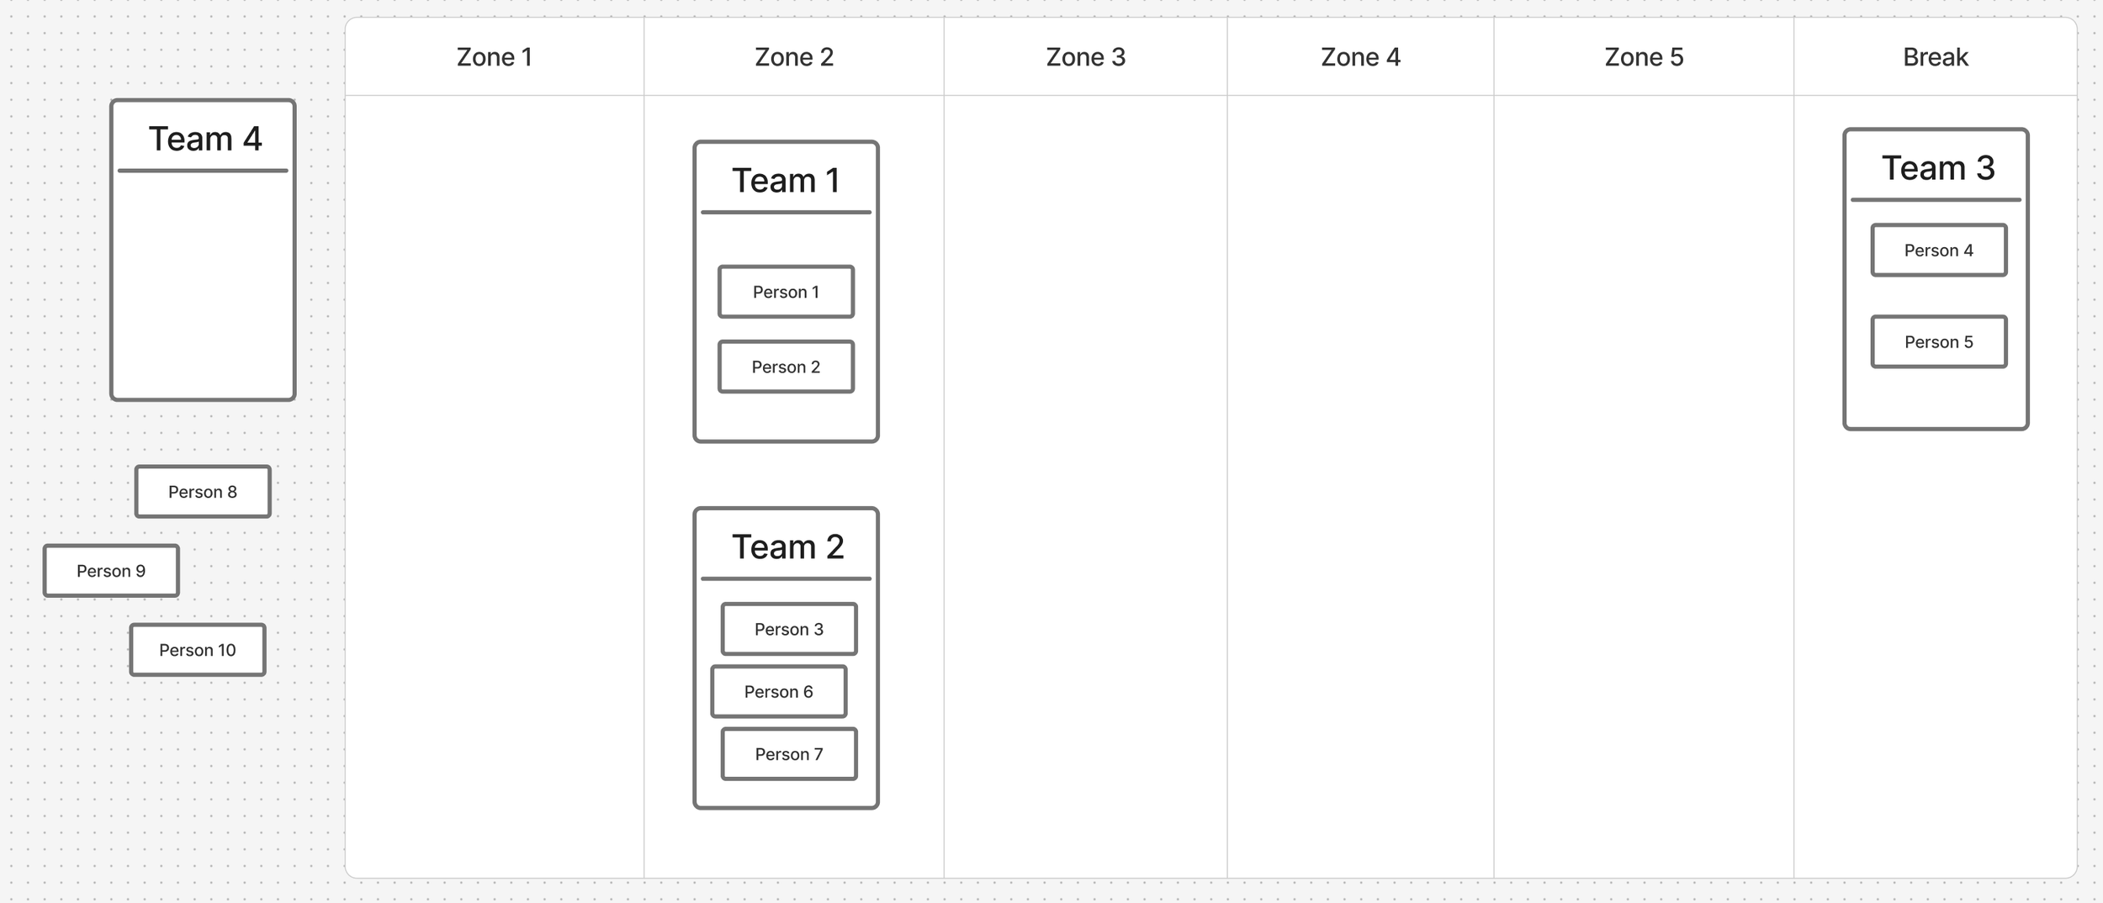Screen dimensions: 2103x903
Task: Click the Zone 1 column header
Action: [495, 57]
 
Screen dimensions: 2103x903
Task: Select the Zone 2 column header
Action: [794, 57]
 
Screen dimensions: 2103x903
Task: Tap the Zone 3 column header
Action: [1085, 57]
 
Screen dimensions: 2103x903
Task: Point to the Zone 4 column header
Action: [1360, 57]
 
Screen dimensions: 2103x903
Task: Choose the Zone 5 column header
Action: [1644, 57]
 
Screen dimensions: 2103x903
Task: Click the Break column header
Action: [1935, 57]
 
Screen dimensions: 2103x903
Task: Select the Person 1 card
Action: [786, 292]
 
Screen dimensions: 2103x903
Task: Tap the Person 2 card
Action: [786, 367]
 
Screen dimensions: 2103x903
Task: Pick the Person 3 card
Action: [789, 629]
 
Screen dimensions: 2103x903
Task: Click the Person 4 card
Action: [1939, 250]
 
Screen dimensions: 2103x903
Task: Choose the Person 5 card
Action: [1939, 341]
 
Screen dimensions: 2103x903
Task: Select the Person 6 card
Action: [779, 691]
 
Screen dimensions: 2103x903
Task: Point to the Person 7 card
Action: [789, 754]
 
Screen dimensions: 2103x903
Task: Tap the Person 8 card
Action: [203, 492]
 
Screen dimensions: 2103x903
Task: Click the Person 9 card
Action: [111, 571]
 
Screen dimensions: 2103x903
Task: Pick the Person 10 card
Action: [198, 650]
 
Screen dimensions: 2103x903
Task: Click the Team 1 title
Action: [786, 181]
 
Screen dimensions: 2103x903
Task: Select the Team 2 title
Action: [787, 547]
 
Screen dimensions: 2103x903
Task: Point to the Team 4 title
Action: [205, 139]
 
